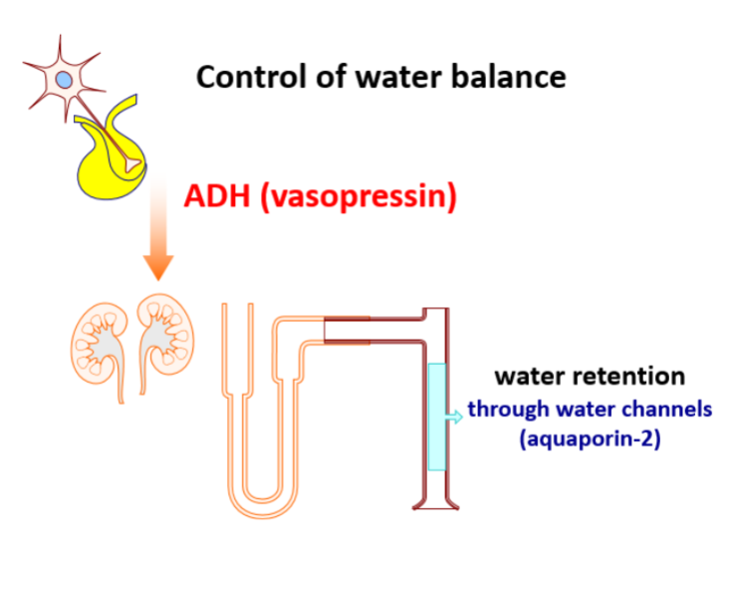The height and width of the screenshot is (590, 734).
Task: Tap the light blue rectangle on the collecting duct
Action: tap(437, 417)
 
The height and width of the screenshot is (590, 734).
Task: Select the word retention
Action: tap(632, 377)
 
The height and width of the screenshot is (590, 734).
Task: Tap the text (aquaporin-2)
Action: tap(590, 439)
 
